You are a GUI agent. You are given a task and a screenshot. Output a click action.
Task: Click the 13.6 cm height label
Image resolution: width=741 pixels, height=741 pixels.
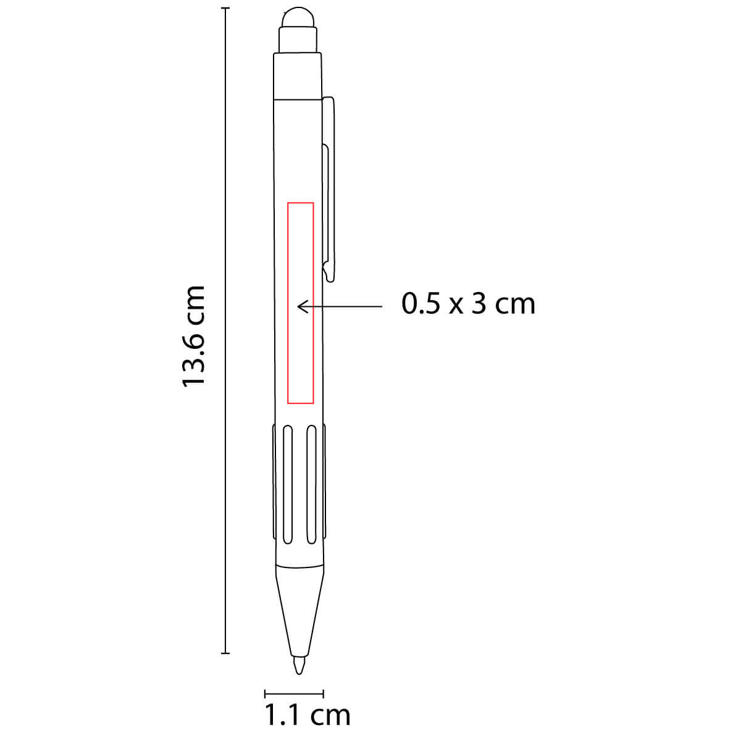pyautogui.click(x=193, y=336)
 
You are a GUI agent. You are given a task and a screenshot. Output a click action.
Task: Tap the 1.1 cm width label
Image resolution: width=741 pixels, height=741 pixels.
pyautogui.click(x=308, y=715)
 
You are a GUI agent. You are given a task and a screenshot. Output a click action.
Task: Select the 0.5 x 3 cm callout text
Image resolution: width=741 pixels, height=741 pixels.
pyautogui.click(x=468, y=304)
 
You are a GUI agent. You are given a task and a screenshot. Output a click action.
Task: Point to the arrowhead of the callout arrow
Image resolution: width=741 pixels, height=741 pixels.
pyautogui.click(x=299, y=306)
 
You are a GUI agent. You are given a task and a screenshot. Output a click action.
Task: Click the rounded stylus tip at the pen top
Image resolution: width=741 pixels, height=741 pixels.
pyautogui.click(x=298, y=17)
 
